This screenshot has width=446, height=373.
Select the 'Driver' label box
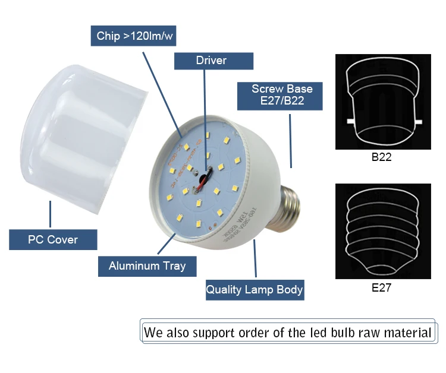211,61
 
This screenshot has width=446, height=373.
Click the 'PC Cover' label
53,240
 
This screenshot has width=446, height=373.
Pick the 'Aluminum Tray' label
147,265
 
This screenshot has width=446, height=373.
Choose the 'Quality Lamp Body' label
255,290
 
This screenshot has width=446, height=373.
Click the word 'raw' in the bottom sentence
366,332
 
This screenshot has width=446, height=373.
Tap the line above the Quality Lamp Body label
255,259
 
